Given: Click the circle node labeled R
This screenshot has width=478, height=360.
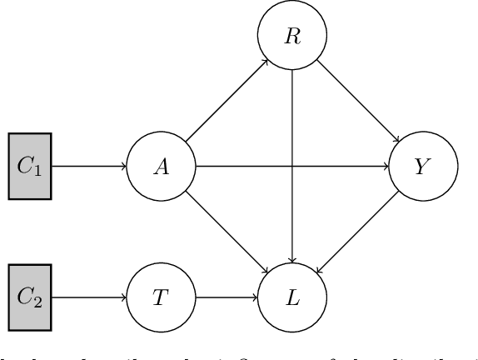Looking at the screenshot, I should (x=292, y=38).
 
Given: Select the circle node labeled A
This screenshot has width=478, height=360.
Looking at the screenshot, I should (x=161, y=166).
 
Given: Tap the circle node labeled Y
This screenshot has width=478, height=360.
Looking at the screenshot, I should (x=424, y=166).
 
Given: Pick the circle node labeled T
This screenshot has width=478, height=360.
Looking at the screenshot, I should (x=161, y=297).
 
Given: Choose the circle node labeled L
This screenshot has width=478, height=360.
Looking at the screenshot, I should (x=292, y=297).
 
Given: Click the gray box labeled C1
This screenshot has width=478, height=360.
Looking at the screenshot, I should (x=30, y=166).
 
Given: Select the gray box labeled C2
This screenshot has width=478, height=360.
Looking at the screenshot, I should (x=30, y=297).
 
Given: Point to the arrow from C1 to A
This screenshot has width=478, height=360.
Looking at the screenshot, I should (x=89, y=166).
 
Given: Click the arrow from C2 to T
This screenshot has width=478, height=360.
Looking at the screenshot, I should (x=89, y=297).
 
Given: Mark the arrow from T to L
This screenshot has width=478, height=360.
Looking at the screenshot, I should (x=227, y=297).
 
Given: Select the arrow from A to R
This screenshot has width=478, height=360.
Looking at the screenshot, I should (x=227, y=102).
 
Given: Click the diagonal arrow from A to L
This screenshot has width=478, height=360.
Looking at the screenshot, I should (x=227, y=232).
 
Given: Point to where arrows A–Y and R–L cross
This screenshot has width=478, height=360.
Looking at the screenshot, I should (x=292, y=166).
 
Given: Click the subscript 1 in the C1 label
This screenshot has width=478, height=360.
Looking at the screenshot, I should (x=36, y=169).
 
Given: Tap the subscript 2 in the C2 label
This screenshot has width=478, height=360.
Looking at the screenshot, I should (x=36, y=301).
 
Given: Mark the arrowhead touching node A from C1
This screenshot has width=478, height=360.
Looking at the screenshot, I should (x=124, y=166).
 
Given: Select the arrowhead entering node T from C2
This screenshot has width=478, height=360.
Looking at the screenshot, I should (x=124, y=297).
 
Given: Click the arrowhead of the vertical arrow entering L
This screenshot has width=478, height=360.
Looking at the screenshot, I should (x=292, y=260).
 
